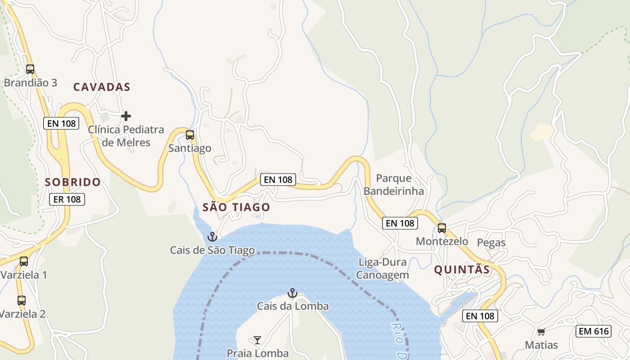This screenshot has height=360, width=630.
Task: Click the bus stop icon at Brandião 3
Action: point(30,69)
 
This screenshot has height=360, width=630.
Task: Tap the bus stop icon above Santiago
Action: point(190,135)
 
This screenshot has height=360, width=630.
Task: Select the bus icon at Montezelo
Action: point(442,228)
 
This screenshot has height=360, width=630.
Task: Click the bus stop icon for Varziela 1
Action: point(24,261)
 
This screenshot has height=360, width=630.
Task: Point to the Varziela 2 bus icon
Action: point(22,300)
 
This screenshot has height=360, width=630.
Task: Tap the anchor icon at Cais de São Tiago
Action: point(212,236)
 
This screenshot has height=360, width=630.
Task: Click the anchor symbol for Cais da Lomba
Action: point(292,293)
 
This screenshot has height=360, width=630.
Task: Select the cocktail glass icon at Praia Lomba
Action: point(257,340)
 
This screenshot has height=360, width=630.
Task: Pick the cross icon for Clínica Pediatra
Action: point(126,116)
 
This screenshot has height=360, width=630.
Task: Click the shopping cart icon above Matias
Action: point(541,332)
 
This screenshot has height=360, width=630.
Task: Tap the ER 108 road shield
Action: point(67,199)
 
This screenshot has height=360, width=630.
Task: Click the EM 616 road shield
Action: point(594,332)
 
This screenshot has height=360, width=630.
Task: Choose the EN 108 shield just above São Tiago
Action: point(278,180)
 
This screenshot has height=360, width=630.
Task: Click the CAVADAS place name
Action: point(102,87)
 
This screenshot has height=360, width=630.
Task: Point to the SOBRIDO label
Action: point(73,182)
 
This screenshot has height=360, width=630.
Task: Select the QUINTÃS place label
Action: point(462,270)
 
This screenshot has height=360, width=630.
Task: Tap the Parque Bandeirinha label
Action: point(394,184)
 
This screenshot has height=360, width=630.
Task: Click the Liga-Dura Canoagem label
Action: point(382,269)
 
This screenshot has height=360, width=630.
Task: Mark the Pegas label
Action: point(491,243)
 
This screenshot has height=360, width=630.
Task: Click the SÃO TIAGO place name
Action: point(236,207)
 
